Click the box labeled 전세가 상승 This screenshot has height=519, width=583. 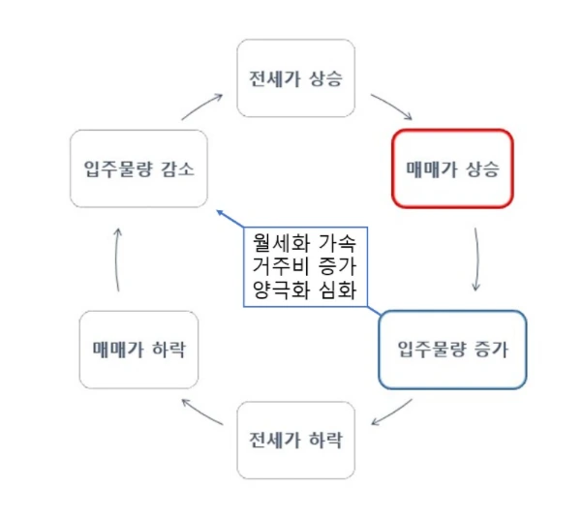coord(295,77)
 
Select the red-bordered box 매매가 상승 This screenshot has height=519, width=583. coord(451,168)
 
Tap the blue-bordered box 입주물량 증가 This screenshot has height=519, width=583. coord(451,348)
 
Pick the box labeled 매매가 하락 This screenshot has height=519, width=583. coord(139,349)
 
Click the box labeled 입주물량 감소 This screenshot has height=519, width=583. coord(139,168)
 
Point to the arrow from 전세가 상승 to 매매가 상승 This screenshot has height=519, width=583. coord(391,107)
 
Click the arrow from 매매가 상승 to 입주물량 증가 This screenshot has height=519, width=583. coord(476,259)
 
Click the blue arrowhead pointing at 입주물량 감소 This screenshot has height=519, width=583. coord(221,211)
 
